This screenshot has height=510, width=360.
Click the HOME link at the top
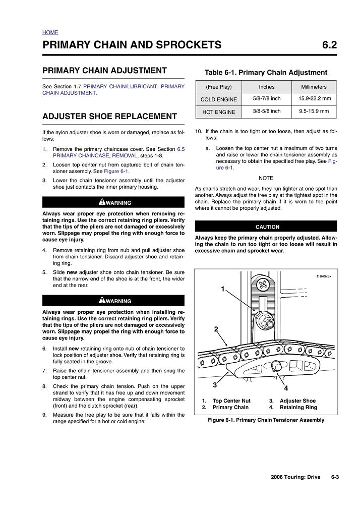coord(50,32)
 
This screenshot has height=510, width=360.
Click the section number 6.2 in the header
coord(329,45)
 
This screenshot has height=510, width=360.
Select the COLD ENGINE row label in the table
coord(218,99)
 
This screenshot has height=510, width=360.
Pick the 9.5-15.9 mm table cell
coord(314,111)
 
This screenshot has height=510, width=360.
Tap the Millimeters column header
coord(314,87)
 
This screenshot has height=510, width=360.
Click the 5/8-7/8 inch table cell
coord(266,99)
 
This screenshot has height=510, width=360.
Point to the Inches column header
coord(266,87)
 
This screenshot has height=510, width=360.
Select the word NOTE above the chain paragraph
coord(266,178)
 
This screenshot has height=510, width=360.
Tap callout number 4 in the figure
coord(286,388)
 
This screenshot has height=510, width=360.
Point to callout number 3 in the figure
coord(215,385)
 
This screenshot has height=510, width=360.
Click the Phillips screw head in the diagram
coord(263,285)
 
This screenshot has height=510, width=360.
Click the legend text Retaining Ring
coord(298,407)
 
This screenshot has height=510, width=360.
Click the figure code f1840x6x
coord(324,276)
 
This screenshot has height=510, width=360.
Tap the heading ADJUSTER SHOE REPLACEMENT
coord(109,117)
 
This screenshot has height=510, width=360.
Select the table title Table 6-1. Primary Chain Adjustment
coord(266,73)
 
